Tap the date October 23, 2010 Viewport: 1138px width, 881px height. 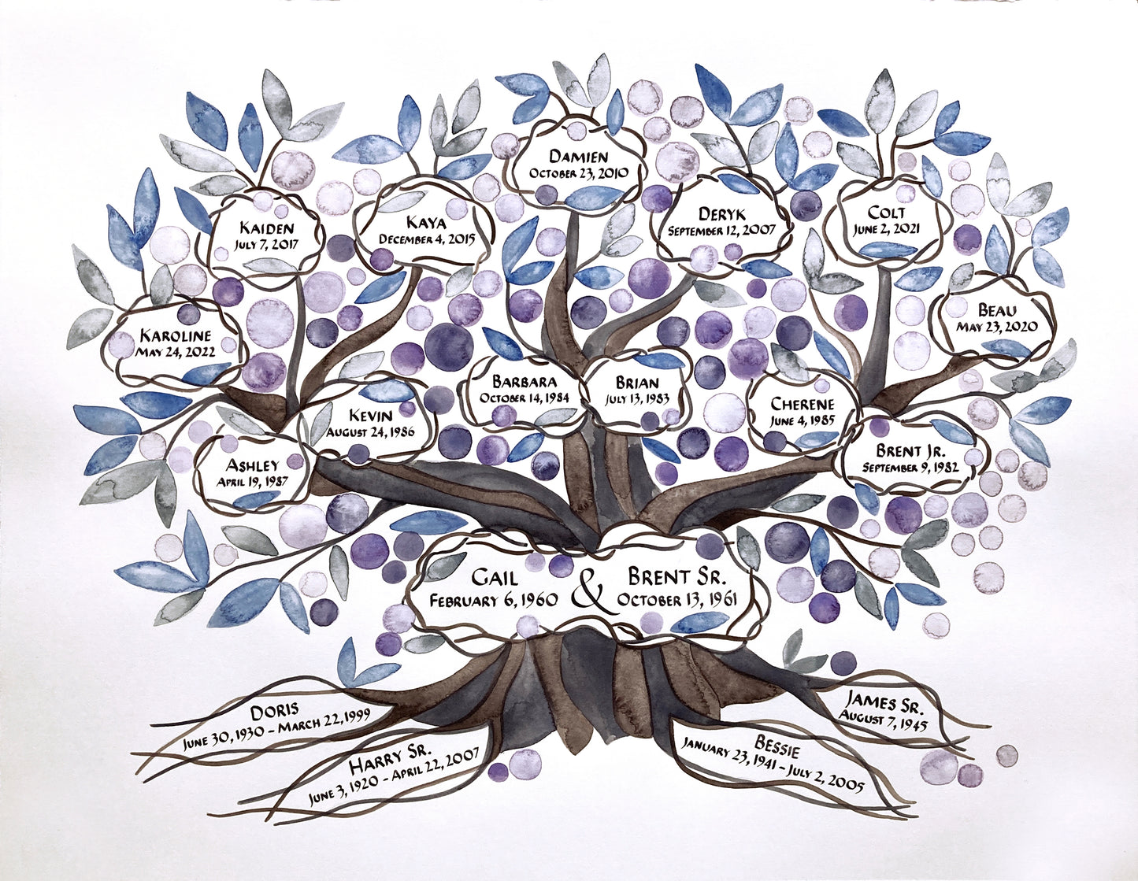click(x=578, y=173)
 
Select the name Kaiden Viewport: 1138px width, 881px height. click(x=266, y=228)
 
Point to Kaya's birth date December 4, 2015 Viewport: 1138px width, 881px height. click(x=427, y=239)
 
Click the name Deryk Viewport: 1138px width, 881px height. click(x=721, y=213)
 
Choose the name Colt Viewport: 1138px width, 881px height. click(x=887, y=213)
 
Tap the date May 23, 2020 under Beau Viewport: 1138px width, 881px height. click(x=996, y=326)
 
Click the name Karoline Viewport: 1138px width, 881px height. click(x=176, y=335)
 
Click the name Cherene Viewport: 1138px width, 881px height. click(x=803, y=403)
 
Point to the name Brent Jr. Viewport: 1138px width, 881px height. click(x=910, y=450)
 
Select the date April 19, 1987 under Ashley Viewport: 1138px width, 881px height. click(x=252, y=481)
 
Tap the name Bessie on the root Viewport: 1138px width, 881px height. click(x=777, y=742)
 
